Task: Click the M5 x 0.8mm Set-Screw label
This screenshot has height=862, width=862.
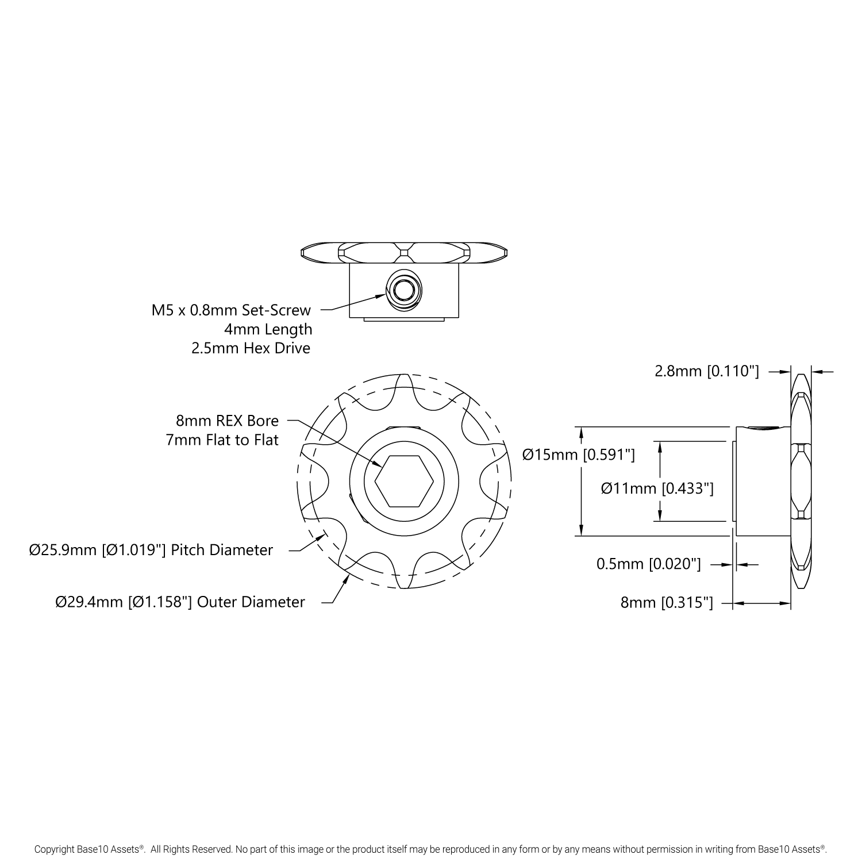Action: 231,310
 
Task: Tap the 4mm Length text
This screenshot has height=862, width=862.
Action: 268,329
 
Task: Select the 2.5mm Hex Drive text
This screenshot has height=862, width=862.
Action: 251,348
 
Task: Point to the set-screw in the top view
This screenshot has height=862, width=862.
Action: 404,290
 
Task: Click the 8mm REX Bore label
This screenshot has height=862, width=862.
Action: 227,421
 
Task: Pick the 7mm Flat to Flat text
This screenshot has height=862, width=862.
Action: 222,440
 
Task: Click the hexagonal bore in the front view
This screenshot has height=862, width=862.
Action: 405,482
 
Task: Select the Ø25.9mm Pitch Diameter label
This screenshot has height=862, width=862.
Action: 151,550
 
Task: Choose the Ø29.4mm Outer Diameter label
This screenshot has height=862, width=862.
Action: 180,602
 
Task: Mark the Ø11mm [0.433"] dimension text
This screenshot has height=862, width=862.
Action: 657,488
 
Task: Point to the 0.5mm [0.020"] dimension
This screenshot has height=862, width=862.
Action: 649,564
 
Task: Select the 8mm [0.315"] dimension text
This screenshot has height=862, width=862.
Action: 667,602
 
